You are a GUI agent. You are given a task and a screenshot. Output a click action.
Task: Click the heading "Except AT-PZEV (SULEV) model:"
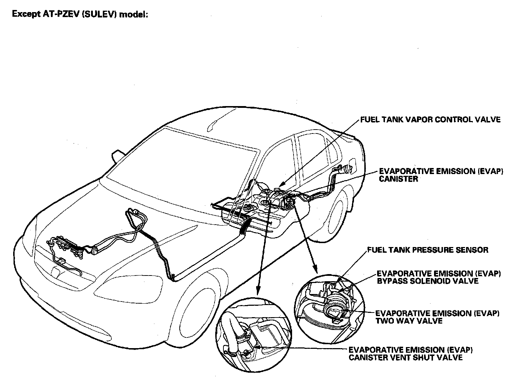pos(80,15)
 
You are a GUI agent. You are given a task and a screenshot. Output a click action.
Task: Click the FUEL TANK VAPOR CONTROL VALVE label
pos(430,120)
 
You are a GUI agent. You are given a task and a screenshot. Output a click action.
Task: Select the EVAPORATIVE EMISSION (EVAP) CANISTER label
pos(441,175)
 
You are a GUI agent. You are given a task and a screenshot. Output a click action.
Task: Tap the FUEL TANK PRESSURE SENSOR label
pos(427,250)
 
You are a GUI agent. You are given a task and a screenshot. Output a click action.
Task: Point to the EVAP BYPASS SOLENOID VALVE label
pos(439,277)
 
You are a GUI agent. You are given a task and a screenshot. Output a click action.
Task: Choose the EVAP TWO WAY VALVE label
pos(437,317)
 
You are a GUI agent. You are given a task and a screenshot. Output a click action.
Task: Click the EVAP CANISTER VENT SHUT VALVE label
pos(411,353)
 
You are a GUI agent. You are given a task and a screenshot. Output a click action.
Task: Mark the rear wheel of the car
pos(334,214)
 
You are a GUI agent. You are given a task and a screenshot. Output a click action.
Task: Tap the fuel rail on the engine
pos(66,242)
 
